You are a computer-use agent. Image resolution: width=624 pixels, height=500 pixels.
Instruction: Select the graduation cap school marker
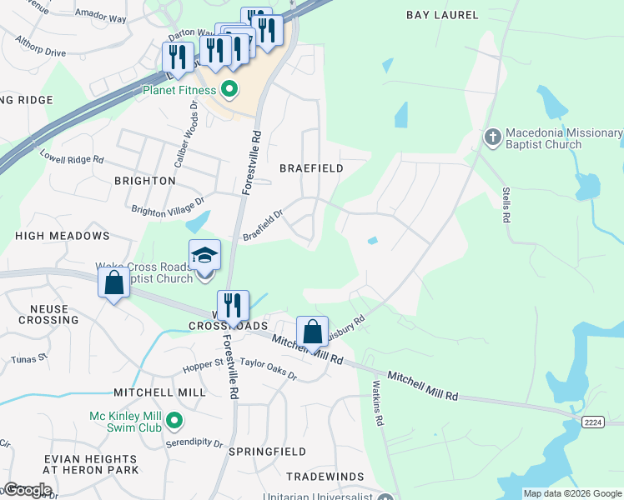pos(204,256)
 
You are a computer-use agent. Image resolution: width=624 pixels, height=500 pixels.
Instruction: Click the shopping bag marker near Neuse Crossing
pos(114,282)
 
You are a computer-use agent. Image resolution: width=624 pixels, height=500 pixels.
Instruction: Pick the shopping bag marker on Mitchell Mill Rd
pos(312,332)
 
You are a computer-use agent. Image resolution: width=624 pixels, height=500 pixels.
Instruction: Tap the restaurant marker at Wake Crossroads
pos(233,306)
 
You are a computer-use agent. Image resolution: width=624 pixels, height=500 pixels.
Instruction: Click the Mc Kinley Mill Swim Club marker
pos(174,422)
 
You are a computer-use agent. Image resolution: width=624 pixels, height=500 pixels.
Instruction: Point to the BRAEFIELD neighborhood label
pos(311,168)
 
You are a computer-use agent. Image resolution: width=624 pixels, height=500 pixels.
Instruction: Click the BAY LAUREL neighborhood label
pos(442,15)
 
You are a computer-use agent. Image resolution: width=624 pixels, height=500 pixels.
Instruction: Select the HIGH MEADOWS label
pos(63,237)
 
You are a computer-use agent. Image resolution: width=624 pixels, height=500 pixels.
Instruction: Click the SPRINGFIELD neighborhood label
pos(267,452)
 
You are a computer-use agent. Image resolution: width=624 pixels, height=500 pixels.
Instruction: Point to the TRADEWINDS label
pos(325,477)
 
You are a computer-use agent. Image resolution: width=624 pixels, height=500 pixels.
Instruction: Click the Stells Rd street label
pos(506,205)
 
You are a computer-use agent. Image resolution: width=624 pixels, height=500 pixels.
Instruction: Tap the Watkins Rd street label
pos(377,403)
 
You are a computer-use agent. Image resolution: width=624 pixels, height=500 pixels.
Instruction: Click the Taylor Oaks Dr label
pos(268,369)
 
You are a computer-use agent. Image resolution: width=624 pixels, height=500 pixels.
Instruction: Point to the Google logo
pos(28,490)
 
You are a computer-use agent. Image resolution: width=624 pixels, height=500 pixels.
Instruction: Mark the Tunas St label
pos(30,359)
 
